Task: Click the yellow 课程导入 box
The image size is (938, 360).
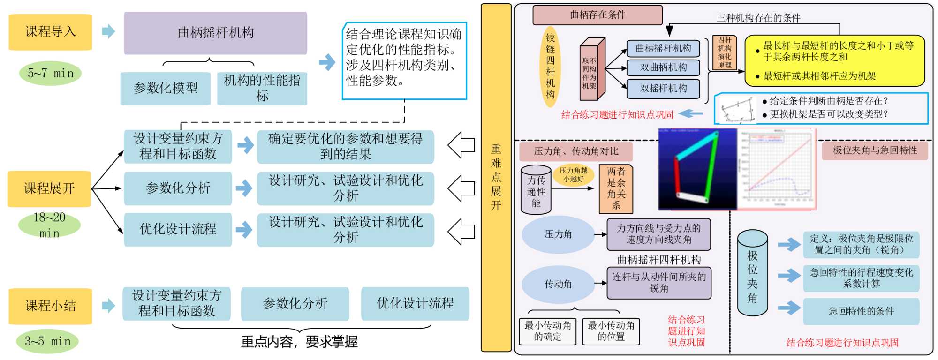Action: point(50,32)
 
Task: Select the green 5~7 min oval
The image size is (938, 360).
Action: point(50,74)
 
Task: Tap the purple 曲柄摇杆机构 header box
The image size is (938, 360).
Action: point(215,33)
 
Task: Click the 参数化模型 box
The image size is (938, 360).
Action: point(165,88)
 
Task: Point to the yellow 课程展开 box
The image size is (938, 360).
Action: point(49,188)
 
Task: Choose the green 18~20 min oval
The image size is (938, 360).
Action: point(49,225)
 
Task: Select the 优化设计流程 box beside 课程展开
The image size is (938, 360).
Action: point(178,229)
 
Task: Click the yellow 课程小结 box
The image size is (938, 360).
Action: point(50,306)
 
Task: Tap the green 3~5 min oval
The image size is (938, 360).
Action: point(48,341)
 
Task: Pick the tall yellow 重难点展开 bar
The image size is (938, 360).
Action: point(496,177)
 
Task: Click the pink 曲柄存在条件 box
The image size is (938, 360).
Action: point(598,15)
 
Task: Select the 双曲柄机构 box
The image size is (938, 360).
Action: point(663,67)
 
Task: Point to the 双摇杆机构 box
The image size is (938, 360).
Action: point(663,89)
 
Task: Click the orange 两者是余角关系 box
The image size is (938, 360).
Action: point(616,188)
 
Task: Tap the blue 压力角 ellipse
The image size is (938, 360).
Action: point(558,234)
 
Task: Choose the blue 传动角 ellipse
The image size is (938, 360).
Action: point(558,284)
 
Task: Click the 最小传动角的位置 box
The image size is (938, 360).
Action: point(611,331)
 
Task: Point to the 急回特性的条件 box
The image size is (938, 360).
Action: point(861,311)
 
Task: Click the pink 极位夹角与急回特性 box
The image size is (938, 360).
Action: point(875,150)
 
